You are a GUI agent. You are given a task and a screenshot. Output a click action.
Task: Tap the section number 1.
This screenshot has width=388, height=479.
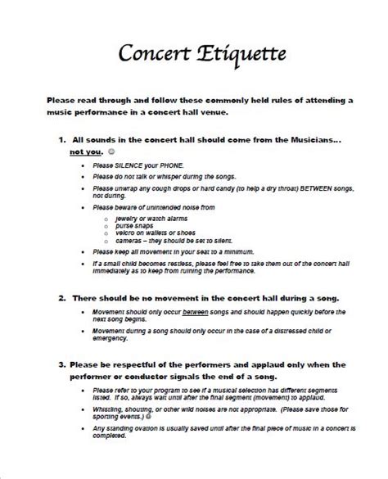[x=63, y=141]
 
